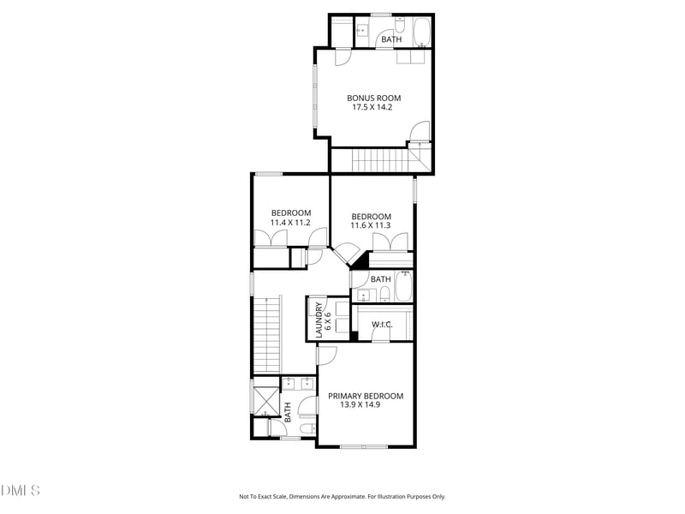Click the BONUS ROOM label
pyautogui.click(x=373, y=99)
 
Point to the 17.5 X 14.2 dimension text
pyautogui.click(x=372, y=107)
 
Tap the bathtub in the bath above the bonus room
pyautogui.click(x=422, y=33)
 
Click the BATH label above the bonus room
pyautogui.click(x=391, y=39)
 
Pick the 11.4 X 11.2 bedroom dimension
pyautogui.click(x=290, y=223)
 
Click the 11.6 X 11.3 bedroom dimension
pyautogui.click(x=371, y=225)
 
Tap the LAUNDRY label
pyautogui.click(x=319, y=320)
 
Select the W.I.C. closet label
pyautogui.click(x=382, y=325)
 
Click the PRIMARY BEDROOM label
pyautogui.click(x=366, y=396)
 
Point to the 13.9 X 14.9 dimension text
pyautogui.click(x=360, y=404)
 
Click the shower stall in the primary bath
pyautogui.click(x=266, y=401)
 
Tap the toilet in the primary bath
pyautogui.click(x=307, y=428)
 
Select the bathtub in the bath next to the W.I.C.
pyautogui.click(x=403, y=286)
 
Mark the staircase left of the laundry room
pyautogui.click(x=266, y=335)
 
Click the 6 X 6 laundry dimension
pyautogui.click(x=328, y=320)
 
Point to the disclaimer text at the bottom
pyautogui.click(x=342, y=497)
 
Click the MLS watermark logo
pyautogui.click(x=20, y=490)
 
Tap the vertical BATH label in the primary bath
pyautogui.click(x=288, y=413)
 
